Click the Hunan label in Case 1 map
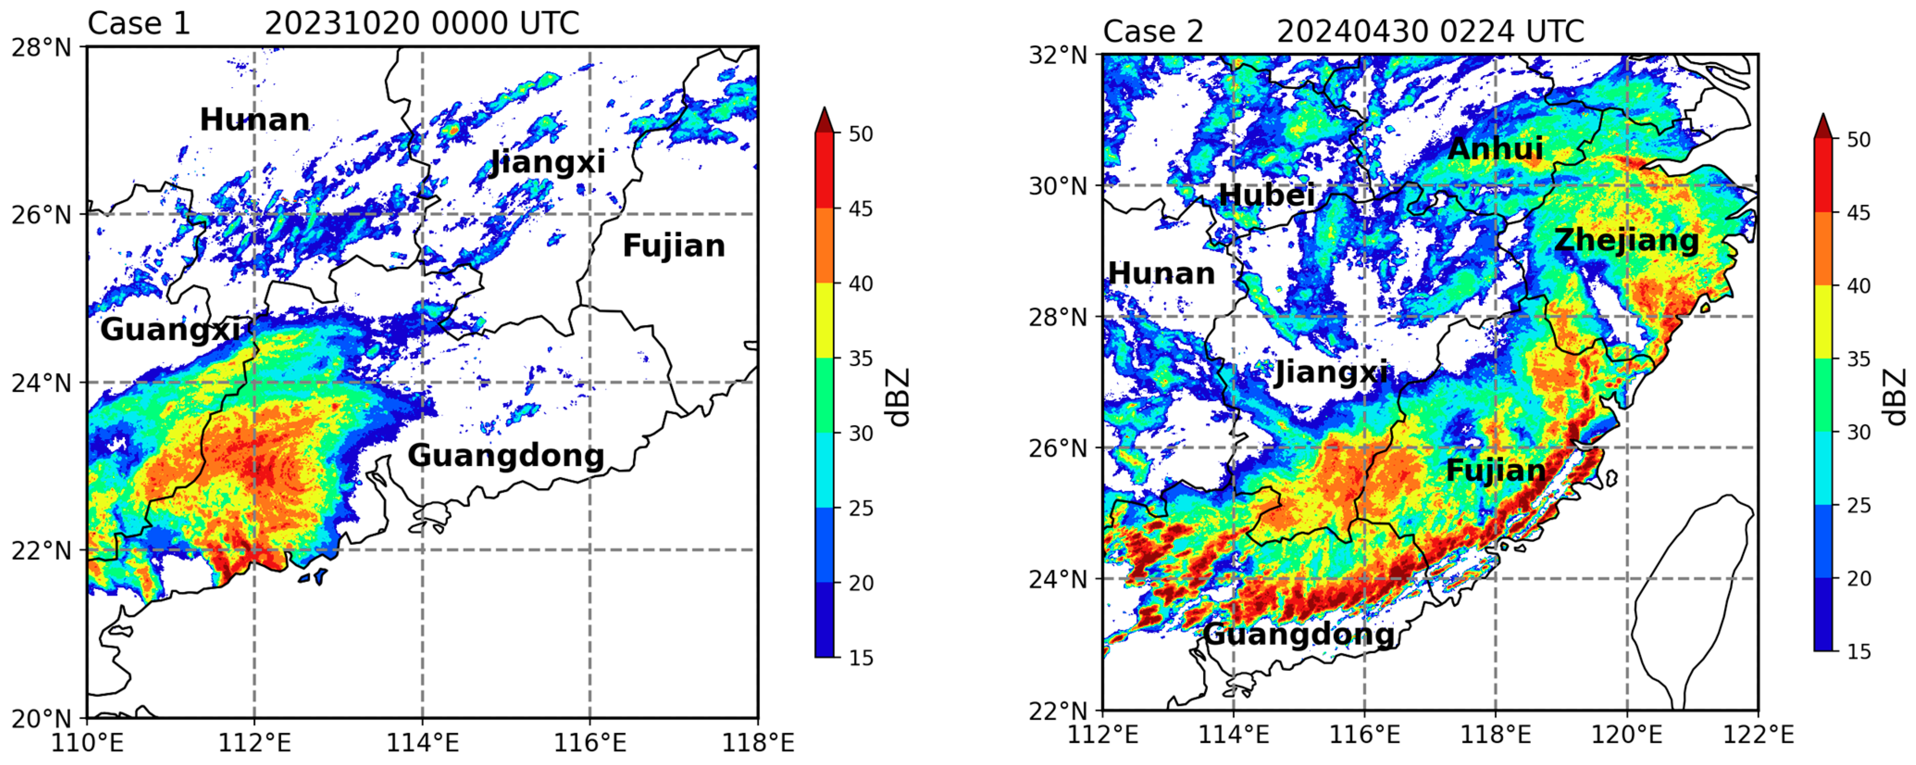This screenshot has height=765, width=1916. click(255, 120)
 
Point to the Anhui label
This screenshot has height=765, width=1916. click(1495, 149)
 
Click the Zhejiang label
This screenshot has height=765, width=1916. click(1626, 240)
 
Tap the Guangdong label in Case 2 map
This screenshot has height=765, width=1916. click(1299, 635)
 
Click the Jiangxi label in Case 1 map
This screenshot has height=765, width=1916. click(548, 162)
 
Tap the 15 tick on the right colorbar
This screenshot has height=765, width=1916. click(1858, 652)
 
